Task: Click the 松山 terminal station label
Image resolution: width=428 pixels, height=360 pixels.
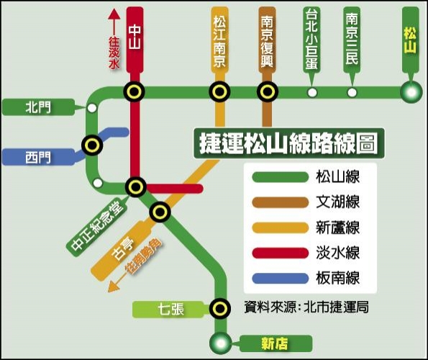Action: coord(410,41)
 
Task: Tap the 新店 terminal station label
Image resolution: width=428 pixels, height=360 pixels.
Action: coord(274,343)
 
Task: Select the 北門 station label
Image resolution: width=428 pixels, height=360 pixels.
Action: coord(38,107)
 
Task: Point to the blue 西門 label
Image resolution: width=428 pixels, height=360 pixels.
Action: coord(38,158)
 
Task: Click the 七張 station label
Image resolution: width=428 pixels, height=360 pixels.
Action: coord(171,310)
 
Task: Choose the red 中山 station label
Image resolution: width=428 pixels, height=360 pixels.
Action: coord(135,37)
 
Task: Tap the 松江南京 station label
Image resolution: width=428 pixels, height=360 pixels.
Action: coord(219,41)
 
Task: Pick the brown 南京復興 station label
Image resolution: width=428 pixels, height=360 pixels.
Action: coord(267,41)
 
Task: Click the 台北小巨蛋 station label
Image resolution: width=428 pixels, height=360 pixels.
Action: coord(311,39)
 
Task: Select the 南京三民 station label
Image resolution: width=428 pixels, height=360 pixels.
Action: coord(352,39)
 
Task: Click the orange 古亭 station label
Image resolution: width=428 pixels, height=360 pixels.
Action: coord(123,248)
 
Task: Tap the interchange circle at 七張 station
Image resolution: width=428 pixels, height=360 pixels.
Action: coord(220,309)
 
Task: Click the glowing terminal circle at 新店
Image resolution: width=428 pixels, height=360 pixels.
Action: coord(221,343)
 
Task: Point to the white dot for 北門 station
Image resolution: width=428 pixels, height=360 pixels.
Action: coord(92,108)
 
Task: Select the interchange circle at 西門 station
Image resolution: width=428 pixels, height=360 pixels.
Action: coord(92,145)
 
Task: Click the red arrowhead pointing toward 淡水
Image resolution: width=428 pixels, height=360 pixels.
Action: coord(114,14)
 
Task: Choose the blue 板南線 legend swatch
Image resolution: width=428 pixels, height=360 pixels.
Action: coord(281,279)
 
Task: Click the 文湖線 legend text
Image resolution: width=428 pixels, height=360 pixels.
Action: coord(337,202)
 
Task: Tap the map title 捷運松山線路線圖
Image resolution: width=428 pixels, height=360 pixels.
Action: coord(289,143)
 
